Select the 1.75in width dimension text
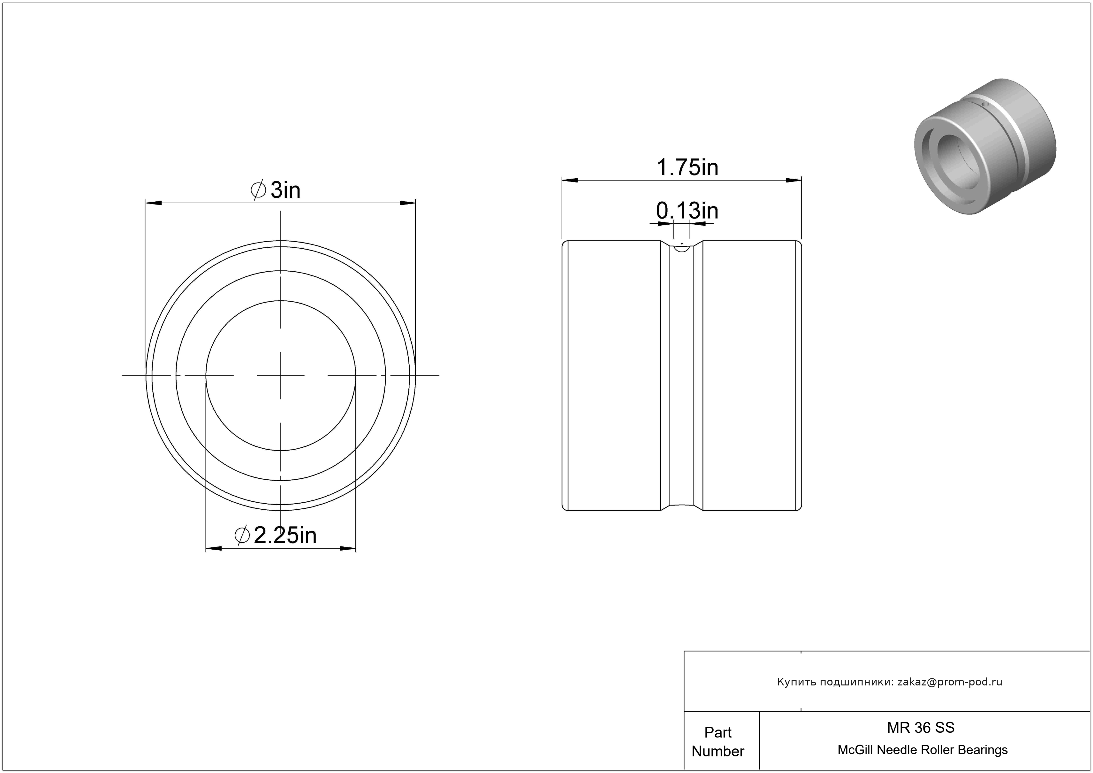pyautogui.click(x=687, y=168)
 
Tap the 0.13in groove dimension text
pyautogui.click(x=687, y=211)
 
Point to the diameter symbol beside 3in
pyautogui.click(x=258, y=190)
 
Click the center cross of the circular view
pyautogui.click(x=281, y=376)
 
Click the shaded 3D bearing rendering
pyautogui.click(x=985, y=146)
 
